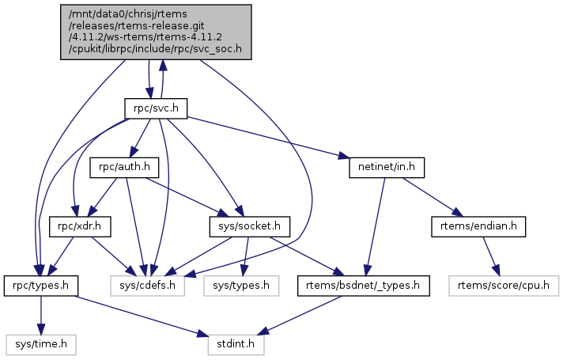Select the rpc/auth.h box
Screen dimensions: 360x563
click(126, 168)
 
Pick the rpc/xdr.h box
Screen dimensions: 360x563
click(79, 226)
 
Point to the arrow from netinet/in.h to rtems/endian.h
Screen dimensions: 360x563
click(431, 197)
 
